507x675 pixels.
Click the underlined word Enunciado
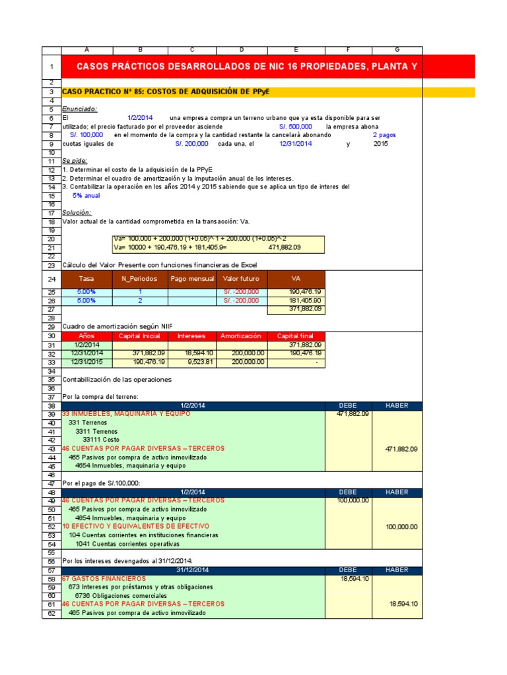click(x=79, y=109)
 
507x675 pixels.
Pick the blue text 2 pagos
click(x=384, y=134)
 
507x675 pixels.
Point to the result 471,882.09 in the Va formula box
click(x=285, y=247)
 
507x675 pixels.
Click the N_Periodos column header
click(x=140, y=279)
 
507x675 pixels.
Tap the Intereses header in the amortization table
click(x=191, y=336)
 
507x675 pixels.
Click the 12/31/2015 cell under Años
click(x=87, y=362)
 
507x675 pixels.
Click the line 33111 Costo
click(x=101, y=440)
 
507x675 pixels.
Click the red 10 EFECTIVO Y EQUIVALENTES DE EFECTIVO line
click(x=135, y=527)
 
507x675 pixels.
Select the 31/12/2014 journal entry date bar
click(x=193, y=570)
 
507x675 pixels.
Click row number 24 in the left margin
click(x=51, y=279)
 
